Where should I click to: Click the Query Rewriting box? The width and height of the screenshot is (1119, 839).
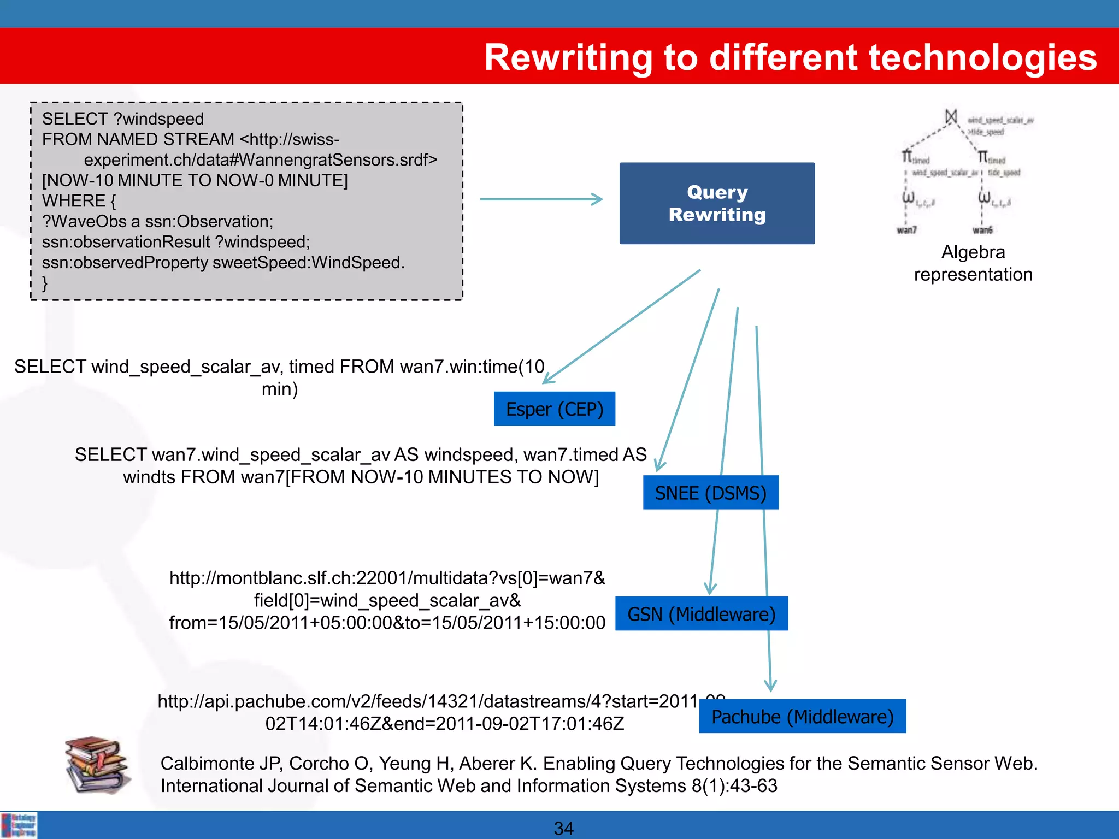click(717, 203)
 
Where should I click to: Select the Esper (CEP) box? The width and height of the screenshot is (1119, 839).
click(554, 409)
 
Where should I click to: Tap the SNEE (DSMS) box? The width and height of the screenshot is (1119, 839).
click(710, 493)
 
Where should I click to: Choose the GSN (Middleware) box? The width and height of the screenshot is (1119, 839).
click(701, 614)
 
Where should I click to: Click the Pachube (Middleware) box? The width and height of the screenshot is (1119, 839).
click(802, 716)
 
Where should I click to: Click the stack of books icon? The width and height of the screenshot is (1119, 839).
click(97, 765)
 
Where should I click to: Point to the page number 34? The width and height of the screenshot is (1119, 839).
click(563, 828)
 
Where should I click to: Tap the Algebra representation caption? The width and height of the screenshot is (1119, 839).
click(973, 263)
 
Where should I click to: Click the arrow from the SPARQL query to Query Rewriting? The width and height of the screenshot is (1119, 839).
click(541, 199)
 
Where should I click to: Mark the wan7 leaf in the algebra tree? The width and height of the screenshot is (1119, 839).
click(906, 230)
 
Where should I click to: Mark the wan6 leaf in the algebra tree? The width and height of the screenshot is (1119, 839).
click(982, 230)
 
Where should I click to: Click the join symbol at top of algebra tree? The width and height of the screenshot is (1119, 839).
click(951, 116)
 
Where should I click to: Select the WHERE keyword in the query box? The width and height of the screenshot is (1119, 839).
click(73, 201)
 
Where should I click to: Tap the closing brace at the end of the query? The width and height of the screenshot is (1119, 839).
click(45, 283)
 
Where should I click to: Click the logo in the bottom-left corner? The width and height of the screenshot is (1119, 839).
click(19, 825)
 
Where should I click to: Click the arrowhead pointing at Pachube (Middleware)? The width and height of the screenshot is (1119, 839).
click(770, 686)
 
